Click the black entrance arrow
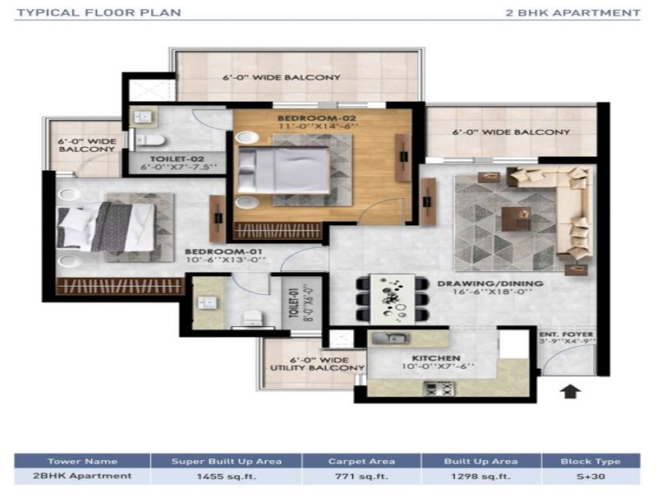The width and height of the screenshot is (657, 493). pos(570,391)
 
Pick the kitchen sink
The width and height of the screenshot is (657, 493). pos(390,338)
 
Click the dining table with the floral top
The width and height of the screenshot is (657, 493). pos(393,298)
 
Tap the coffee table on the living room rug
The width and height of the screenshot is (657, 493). pos(517,219)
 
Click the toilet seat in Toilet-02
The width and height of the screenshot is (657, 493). pos(151,140)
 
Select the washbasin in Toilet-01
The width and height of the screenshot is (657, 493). pos(207,302)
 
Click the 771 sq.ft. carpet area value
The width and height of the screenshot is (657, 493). pos(361,477)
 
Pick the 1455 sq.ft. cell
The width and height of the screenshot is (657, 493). pos(227,477)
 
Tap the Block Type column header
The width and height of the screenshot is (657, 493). pos(590,461)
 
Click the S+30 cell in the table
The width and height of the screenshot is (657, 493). pos(590,477)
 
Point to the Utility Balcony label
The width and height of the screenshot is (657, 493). pos(317,364)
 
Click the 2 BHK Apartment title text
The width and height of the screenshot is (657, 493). pos(572,13)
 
